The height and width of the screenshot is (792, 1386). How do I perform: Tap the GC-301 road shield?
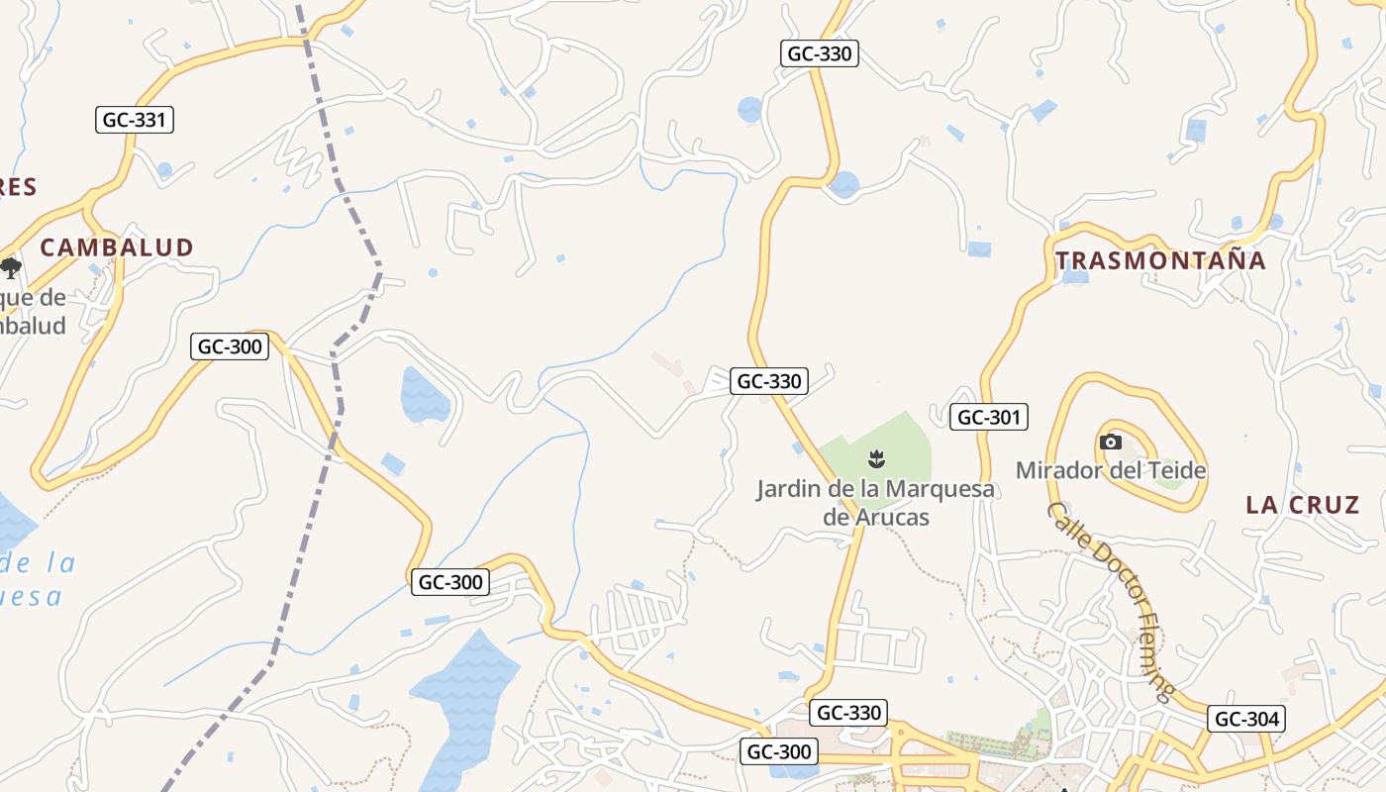coord(988,417)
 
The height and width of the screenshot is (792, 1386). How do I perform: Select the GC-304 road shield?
coord(1246,719)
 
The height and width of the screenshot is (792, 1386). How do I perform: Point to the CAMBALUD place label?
coord(117,247)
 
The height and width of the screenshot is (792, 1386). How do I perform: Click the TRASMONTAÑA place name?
coord(1160,260)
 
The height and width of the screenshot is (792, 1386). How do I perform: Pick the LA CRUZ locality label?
coord(1302,505)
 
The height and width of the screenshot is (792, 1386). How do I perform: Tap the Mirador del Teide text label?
coord(1111,469)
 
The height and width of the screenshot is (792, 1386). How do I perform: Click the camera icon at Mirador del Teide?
coord(1111,442)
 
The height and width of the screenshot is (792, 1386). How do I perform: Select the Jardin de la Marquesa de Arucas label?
coord(875,502)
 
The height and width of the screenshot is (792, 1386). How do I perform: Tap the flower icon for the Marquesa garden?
coord(875,458)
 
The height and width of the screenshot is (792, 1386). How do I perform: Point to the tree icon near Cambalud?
coord(11,267)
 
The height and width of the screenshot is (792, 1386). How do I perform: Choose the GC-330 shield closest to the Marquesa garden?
coord(768,380)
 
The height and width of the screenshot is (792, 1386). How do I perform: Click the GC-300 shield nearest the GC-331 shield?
coord(230,346)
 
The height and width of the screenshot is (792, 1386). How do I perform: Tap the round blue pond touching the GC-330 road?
coord(844,184)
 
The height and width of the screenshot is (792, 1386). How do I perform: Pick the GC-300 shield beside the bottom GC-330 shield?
coord(779,751)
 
